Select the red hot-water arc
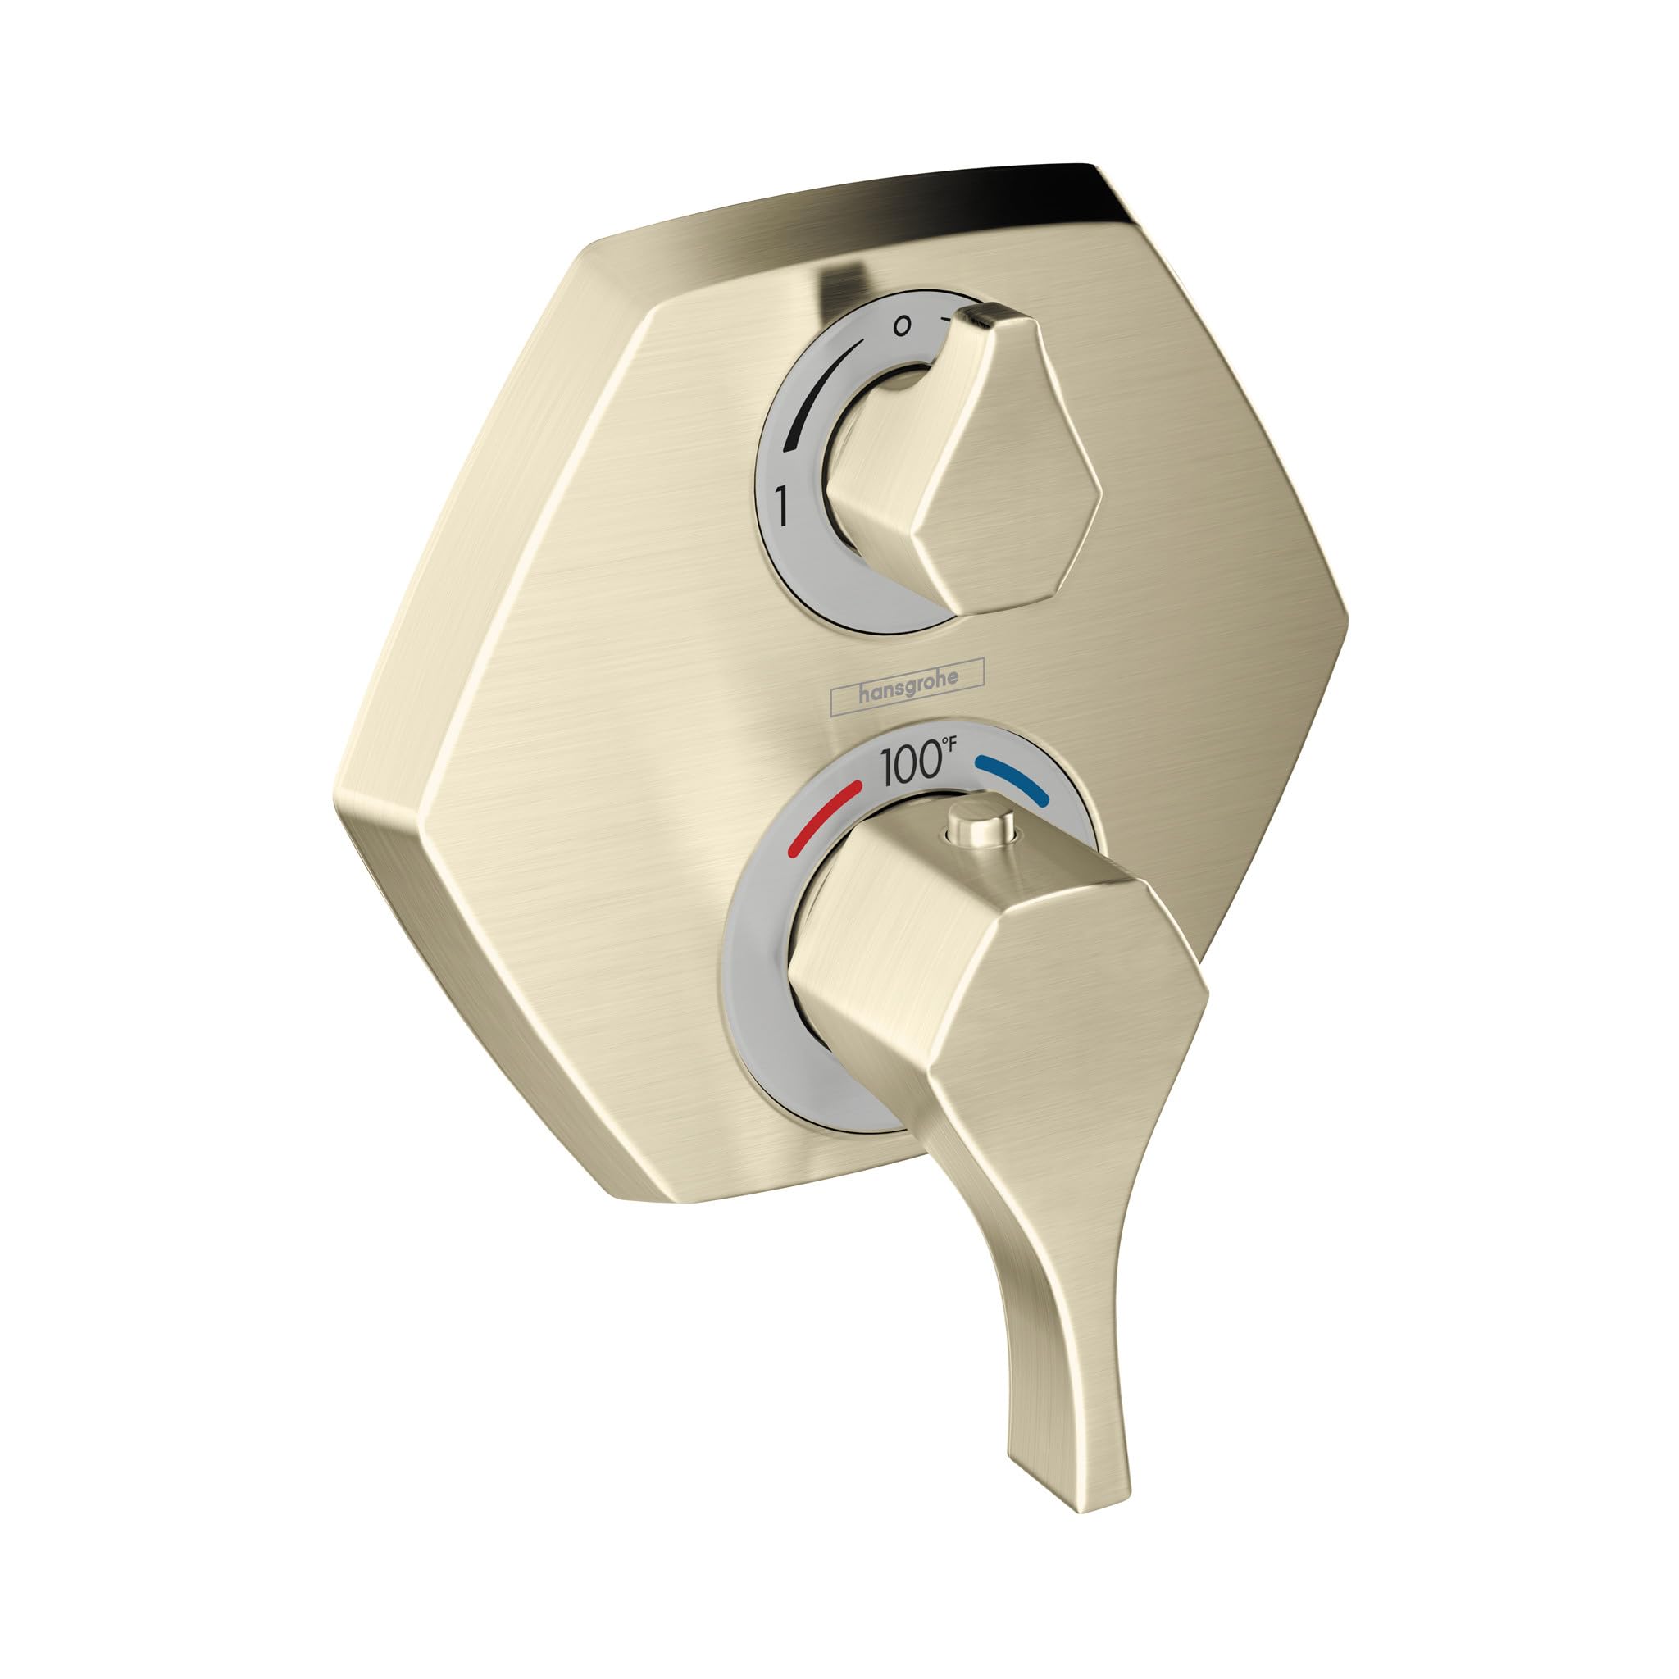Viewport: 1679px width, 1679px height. (821, 817)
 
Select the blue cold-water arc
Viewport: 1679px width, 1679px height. (1013, 777)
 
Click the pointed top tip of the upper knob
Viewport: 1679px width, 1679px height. (986, 315)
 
